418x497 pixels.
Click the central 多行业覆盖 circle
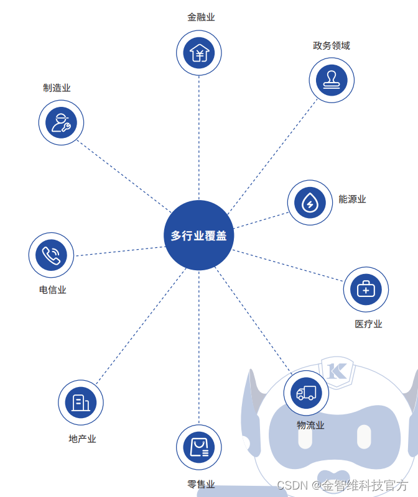pos(199,235)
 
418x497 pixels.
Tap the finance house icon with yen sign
pos(199,53)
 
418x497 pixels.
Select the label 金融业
pos(201,17)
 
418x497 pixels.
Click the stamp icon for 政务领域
pos(332,80)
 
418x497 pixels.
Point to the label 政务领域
pos(332,45)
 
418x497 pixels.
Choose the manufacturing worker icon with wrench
pos(61,122)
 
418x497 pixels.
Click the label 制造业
pos(57,88)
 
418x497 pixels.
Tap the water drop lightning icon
pos(310,203)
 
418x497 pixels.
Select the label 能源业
pos(352,199)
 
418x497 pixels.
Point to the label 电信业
pos(52,290)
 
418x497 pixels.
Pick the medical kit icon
pos(366,289)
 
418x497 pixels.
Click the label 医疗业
pos(368,324)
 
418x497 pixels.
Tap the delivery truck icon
pos(306,393)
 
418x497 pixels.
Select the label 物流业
pos(310,426)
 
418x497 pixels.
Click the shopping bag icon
pos(199,447)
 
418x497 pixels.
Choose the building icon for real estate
pos(81,403)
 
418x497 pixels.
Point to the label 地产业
pos(82,439)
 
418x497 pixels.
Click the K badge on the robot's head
pos(338,370)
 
